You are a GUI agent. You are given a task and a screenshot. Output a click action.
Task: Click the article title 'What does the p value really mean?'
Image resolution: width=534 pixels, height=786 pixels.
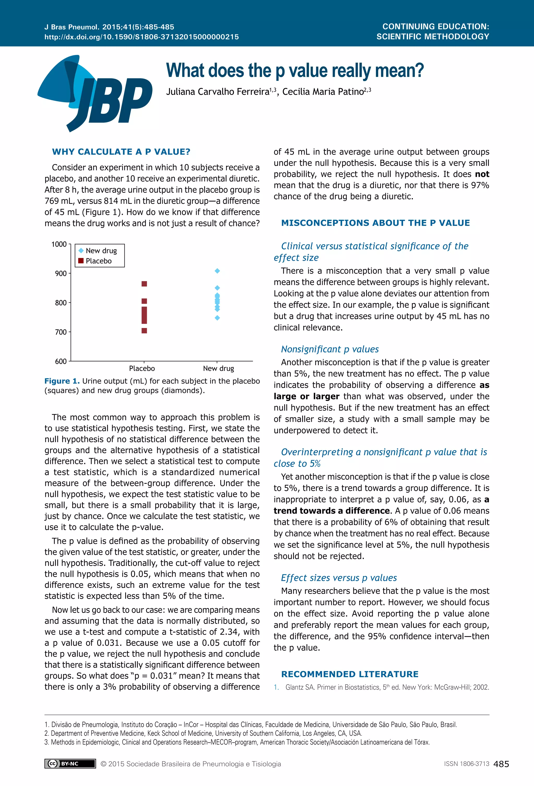click(x=295, y=71)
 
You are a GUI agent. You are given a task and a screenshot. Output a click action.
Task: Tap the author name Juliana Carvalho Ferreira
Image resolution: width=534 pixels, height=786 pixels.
click(x=217, y=92)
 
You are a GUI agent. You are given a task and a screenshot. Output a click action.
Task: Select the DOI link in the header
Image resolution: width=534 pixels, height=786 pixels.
click(x=141, y=37)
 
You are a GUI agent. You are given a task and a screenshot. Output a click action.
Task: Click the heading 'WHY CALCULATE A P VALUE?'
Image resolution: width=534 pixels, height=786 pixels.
click(x=121, y=152)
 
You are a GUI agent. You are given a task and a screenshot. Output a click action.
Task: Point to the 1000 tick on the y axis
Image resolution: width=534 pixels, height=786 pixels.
click(x=59, y=244)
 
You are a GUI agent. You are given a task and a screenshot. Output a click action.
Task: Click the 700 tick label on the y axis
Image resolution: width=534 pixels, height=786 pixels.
click(x=60, y=332)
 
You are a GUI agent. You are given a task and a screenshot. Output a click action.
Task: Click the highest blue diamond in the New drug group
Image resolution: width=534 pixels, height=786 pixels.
click(x=217, y=271)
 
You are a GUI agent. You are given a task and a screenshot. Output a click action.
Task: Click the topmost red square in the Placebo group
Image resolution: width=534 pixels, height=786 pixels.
click(x=144, y=284)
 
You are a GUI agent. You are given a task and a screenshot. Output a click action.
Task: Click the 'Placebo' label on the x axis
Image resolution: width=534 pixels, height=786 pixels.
click(x=142, y=368)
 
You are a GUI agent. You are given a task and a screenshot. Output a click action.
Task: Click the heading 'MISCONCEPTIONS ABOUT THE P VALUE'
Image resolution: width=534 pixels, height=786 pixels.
click(x=375, y=223)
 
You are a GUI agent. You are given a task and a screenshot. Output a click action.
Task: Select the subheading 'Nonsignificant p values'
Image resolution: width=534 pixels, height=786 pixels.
click(x=330, y=349)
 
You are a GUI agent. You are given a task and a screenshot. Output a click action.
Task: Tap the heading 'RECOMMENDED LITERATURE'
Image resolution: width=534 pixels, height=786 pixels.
click(x=350, y=674)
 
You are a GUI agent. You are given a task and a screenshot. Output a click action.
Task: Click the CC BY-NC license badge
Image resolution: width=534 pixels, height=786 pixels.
click(x=70, y=764)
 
